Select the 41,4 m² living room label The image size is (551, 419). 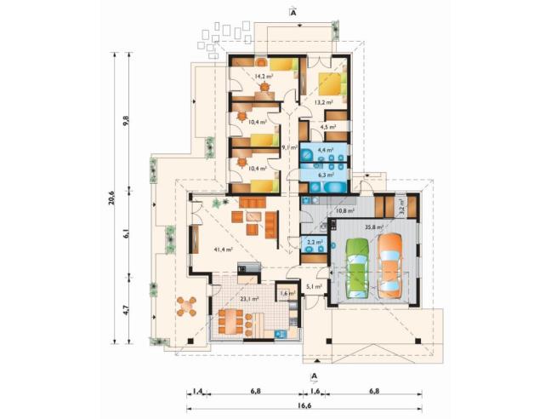(x=213, y=250)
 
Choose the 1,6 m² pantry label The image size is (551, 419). (x=287, y=293)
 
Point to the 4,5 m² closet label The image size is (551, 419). (x=327, y=128)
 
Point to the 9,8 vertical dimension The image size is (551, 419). (x=128, y=120)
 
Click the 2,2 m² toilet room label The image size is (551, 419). (x=311, y=242)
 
